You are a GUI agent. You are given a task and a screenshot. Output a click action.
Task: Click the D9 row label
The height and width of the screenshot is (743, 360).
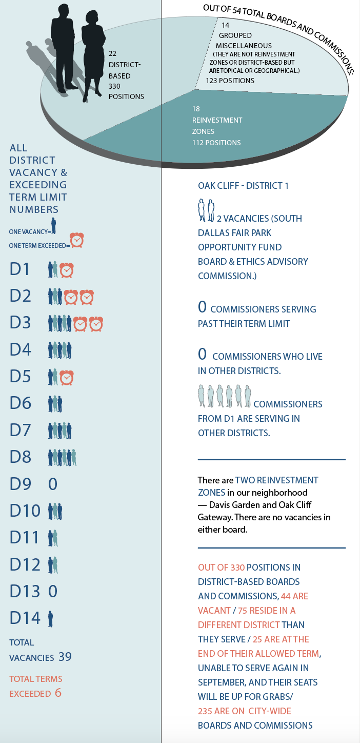pyautogui.click(x=21, y=484)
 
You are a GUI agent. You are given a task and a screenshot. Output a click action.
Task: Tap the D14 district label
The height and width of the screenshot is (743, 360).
pyautogui.click(x=25, y=618)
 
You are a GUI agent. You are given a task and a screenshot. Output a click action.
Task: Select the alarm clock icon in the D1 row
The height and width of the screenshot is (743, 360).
pyautogui.click(x=67, y=270)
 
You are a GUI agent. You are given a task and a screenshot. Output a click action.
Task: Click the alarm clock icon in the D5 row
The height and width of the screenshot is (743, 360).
pyautogui.click(x=67, y=377)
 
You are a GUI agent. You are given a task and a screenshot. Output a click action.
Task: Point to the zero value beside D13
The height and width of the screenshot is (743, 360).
pyautogui.click(x=53, y=591)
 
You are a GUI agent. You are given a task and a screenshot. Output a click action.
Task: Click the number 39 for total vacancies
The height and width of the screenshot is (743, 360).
pyautogui.click(x=65, y=657)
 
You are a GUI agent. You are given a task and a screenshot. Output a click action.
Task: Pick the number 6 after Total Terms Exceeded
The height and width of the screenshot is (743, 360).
pyautogui.click(x=58, y=693)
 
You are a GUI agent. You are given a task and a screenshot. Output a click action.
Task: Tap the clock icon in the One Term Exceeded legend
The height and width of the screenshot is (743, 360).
pyautogui.click(x=77, y=240)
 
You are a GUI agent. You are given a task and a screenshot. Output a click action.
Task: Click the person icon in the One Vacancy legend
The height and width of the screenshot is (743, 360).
pyautogui.click(x=53, y=226)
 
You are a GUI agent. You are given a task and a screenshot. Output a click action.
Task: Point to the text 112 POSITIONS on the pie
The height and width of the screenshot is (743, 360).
pyautogui.click(x=216, y=143)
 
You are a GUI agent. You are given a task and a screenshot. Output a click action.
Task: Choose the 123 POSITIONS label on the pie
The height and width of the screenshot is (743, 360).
pyautogui.click(x=230, y=81)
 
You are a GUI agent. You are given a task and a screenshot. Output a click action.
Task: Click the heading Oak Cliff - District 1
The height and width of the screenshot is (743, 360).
pyautogui.click(x=243, y=186)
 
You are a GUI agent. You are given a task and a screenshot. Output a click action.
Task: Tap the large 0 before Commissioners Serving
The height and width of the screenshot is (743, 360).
pyautogui.click(x=202, y=308)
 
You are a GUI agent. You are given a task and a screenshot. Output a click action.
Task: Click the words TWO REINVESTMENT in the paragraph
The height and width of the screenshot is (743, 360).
pyautogui.click(x=276, y=480)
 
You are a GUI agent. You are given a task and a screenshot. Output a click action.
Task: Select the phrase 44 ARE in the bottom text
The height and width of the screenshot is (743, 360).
pyautogui.click(x=294, y=596)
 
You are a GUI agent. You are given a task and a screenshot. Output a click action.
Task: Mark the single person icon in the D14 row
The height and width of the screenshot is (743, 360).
pyautogui.click(x=50, y=618)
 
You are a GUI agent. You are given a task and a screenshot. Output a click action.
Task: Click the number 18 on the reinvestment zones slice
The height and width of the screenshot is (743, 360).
pyautogui.click(x=196, y=109)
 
